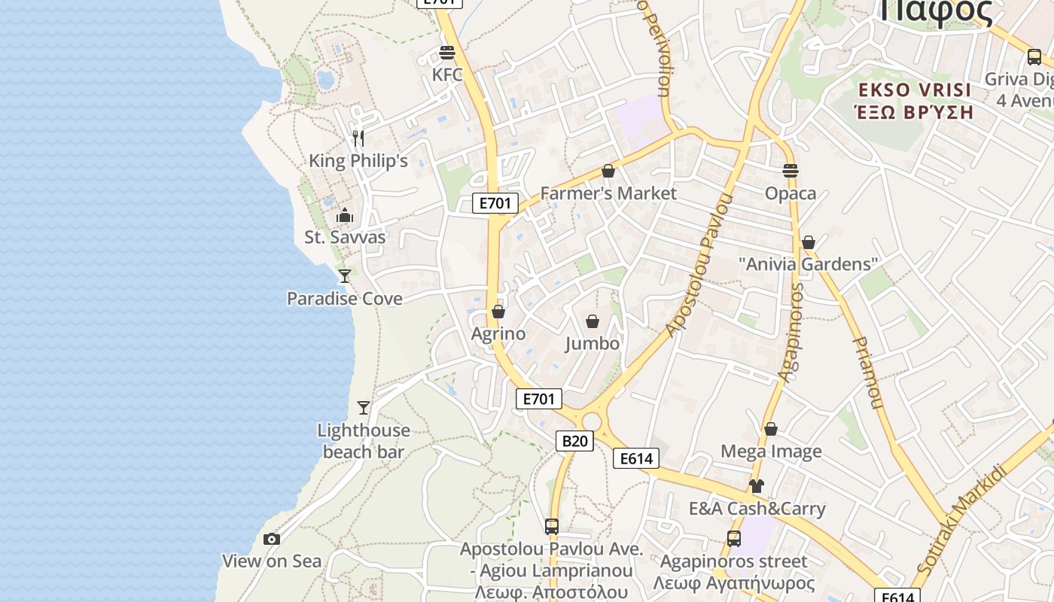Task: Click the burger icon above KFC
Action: pos(447,53)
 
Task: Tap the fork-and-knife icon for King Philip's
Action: pos(358,138)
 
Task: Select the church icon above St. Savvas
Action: pos(345,215)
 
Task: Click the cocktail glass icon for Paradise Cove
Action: pos(345,276)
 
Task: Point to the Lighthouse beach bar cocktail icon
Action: pos(364,408)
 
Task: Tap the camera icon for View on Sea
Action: pos(272,539)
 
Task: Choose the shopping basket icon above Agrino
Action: pos(498,311)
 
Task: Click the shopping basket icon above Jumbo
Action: pos(592,321)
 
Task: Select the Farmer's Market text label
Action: pos(608,193)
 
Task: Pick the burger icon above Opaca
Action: pos(790,171)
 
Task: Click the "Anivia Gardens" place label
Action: pos(808,264)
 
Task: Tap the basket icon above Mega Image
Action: pos(770,429)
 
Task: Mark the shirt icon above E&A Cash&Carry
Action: pos(757,486)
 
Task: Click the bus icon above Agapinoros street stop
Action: pos(733,539)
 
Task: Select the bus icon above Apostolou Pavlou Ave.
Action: pos(552,527)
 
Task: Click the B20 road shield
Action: pos(574,441)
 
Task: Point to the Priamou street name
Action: pos(867,372)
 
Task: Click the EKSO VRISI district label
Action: pos(915,90)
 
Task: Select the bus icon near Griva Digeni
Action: pos(1034,56)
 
